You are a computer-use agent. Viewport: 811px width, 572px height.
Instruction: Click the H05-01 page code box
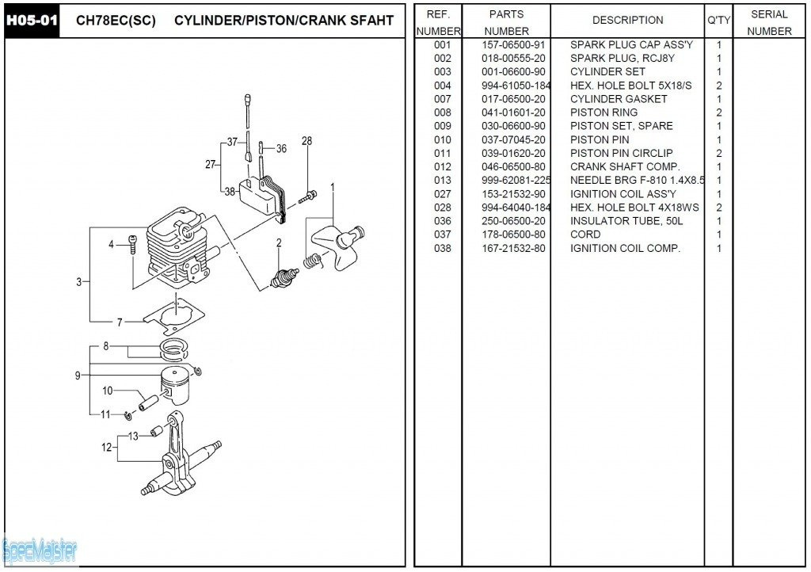tap(32, 21)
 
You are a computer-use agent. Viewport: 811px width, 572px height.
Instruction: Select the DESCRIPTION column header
tap(627, 20)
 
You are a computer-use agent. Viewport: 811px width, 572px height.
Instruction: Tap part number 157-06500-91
tap(513, 45)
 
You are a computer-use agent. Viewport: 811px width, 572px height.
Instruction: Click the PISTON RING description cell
tap(603, 112)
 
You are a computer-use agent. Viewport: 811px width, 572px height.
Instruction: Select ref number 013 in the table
tap(442, 180)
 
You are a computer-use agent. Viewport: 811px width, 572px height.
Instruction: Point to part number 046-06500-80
tap(513, 166)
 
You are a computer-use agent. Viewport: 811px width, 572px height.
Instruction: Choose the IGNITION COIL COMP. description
tap(625, 248)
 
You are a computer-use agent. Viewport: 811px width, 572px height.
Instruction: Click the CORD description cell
tap(585, 235)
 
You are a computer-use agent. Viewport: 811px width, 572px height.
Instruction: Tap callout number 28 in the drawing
tap(307, 141)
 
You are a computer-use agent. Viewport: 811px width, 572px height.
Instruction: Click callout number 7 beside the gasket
tap(120, 322)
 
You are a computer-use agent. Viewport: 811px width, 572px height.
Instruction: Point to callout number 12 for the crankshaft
tap(107, 447)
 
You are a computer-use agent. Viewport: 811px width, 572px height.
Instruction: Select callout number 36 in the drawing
tap(280, 148)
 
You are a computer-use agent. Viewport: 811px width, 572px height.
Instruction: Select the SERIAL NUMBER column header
tap(768, 22)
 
